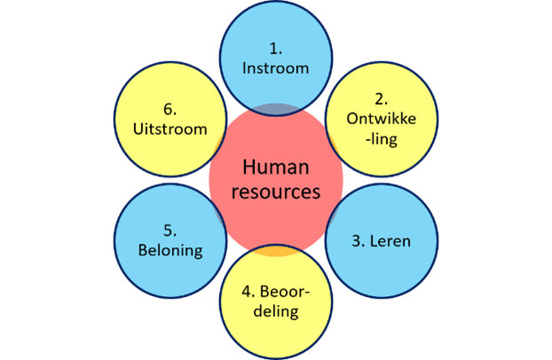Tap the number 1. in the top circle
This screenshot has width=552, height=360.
275,46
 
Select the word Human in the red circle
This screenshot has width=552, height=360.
275,168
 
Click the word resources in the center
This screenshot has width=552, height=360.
275,191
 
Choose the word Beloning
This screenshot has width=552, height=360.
170,250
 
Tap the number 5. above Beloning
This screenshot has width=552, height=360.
170,231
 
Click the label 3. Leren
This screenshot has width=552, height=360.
381,240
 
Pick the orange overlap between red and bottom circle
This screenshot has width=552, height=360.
275,251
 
